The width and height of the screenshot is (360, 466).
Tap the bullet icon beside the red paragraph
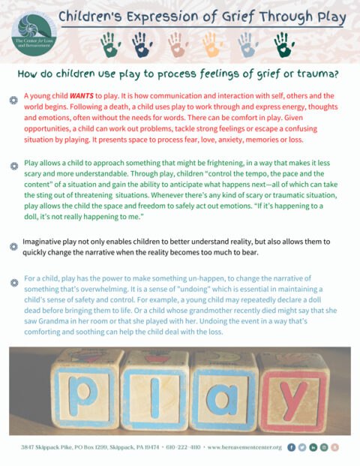coord(13,98)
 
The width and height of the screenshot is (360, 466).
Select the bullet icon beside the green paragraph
coord(13,162)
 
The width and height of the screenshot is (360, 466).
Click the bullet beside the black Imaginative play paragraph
coord(13,245)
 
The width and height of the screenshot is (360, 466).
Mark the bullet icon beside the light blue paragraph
coord(13,281)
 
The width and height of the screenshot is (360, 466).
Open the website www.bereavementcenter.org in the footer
coord(242,447)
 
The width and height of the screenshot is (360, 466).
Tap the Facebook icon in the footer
coord(291,447)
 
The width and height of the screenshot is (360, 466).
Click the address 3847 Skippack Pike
coord(49,447)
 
